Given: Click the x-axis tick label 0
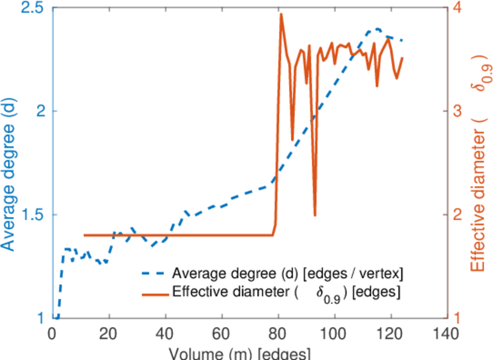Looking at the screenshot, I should (x=53, y=333).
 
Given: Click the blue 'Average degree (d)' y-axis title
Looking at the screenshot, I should (x=8, y=162).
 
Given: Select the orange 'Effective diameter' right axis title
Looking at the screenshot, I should (x=478, y=162).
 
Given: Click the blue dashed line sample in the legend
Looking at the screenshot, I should (x=153, y=274).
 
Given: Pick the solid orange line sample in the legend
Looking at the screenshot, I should (x=153, y=293).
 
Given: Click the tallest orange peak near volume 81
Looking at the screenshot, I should (x=281, y=14).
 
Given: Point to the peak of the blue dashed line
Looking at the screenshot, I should (x=377, y=29).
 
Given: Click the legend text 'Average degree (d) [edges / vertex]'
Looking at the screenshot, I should (x=287, y=274).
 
